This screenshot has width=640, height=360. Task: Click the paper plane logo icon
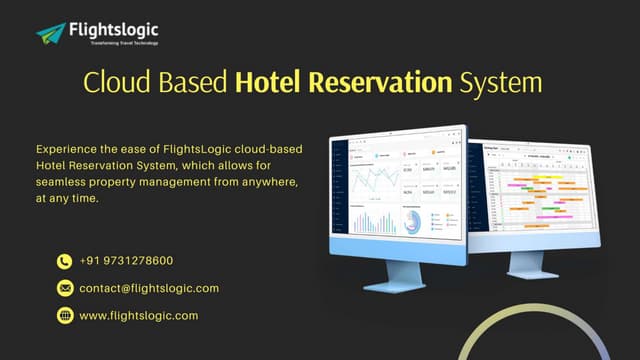[x=50, y=33]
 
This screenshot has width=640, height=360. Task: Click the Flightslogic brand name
[x=112, y=29]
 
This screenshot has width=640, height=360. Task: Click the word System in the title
[x=501, y=82]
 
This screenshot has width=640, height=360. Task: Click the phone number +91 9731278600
[x=126, y=261]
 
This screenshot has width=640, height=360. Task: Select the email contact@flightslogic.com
[x=148, y=288]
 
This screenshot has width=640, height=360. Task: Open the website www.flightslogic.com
[x=138, y=315]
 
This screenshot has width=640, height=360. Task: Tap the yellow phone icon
[x=65, y=262]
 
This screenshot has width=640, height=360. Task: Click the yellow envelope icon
[x=65, y=289]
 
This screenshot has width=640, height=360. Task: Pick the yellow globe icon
[x=65, y=316]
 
